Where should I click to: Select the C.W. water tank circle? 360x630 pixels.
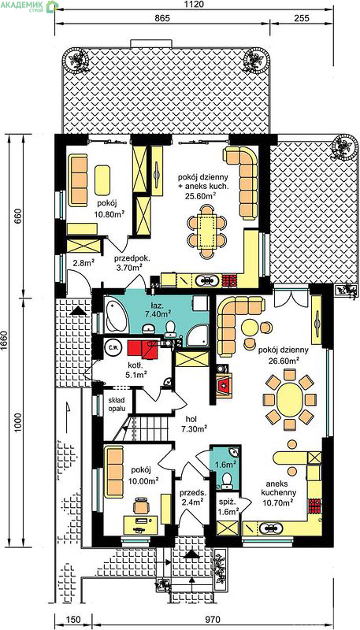click(110, 348)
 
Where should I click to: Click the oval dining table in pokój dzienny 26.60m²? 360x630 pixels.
click(289, 399)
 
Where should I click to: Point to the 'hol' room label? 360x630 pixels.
click(191, 418)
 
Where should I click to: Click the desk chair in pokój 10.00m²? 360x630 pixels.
click(141, 506)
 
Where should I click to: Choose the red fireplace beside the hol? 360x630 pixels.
click(224, 386)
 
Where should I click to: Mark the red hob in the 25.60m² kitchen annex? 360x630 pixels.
click(230, 280)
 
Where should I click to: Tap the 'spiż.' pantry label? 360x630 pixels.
click(225, 502)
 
